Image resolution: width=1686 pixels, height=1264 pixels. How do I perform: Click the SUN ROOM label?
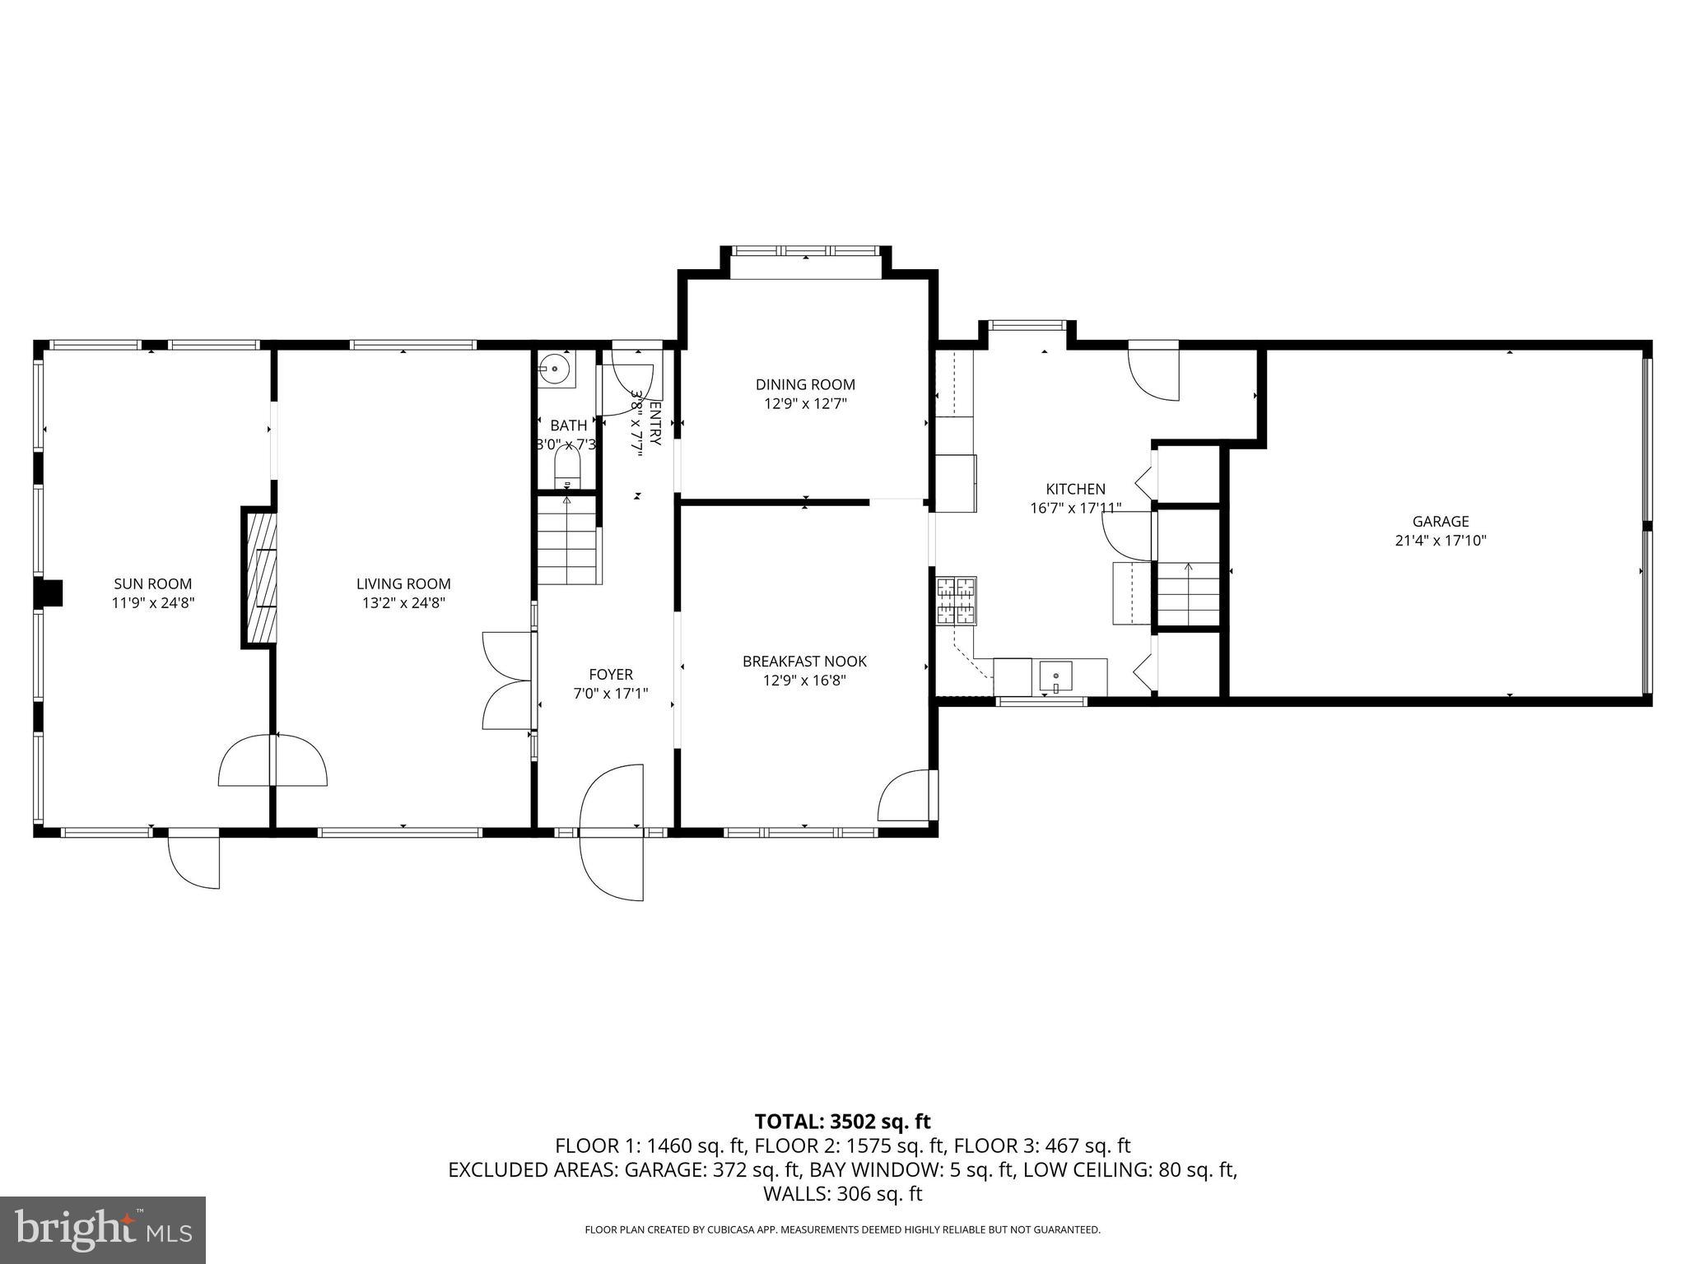[153, 583]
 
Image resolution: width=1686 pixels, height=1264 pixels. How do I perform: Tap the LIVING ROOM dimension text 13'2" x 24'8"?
[403, 603]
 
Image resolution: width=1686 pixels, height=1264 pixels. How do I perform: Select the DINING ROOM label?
[805, 384]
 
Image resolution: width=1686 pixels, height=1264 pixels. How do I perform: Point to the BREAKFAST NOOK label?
[804, 661]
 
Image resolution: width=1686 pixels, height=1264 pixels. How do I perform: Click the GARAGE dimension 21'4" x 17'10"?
[1441, 541]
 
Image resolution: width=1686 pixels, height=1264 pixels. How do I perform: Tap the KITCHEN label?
[1075, 489]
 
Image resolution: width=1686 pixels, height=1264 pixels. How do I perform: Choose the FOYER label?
[610, 674]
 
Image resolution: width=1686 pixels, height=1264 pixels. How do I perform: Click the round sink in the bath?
[557, 368]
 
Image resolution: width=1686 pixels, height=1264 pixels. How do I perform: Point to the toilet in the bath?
[567, 472]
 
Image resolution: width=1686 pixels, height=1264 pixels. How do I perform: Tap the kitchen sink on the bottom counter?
[1055, 676]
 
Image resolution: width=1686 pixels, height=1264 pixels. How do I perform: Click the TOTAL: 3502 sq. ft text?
[842, 1121]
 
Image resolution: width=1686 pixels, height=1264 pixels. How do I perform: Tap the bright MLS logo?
[103, 1229]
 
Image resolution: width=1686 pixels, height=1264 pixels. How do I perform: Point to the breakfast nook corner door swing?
[906, 795]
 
